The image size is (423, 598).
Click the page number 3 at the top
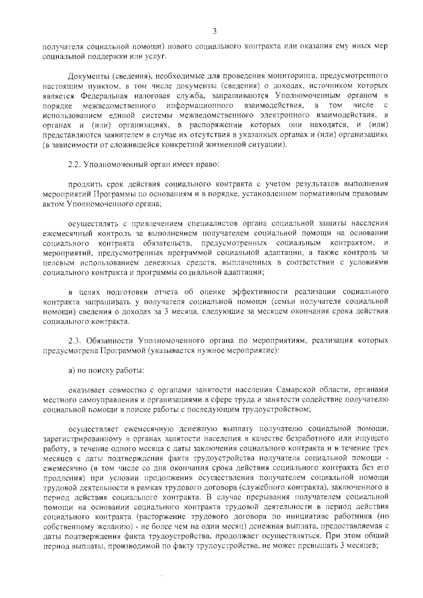click(x=215, y=32)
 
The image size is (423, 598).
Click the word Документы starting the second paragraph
click(x=85, y=76)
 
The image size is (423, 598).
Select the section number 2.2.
click(x=74, y=165)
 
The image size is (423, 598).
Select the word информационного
click(x=200, y=105)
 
